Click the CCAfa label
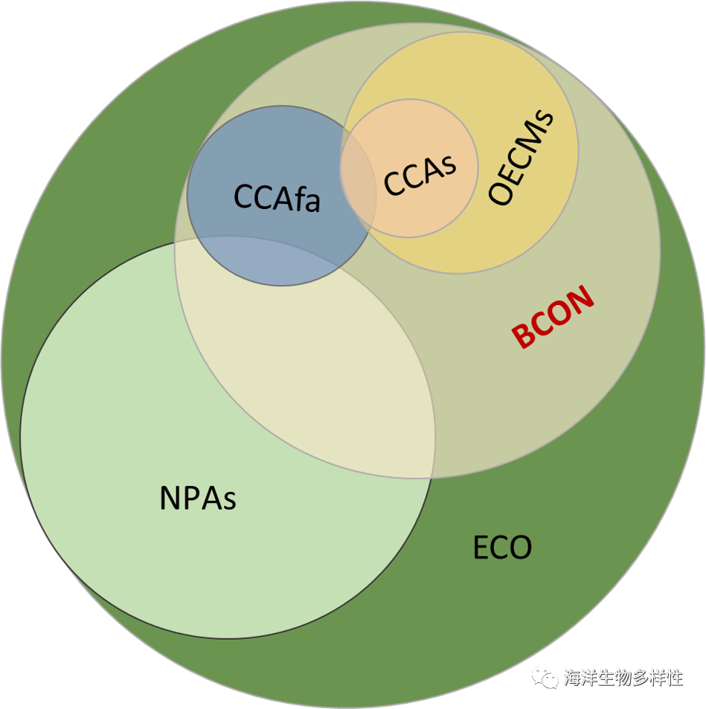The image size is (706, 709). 277,198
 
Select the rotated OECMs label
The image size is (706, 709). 522,158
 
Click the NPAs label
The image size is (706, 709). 198,497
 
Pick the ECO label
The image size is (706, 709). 503,548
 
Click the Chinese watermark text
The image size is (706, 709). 623,677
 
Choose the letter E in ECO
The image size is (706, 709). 481,548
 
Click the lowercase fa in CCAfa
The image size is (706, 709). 307,199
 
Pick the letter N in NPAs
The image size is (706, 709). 170,497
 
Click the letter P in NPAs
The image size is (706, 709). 191,497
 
